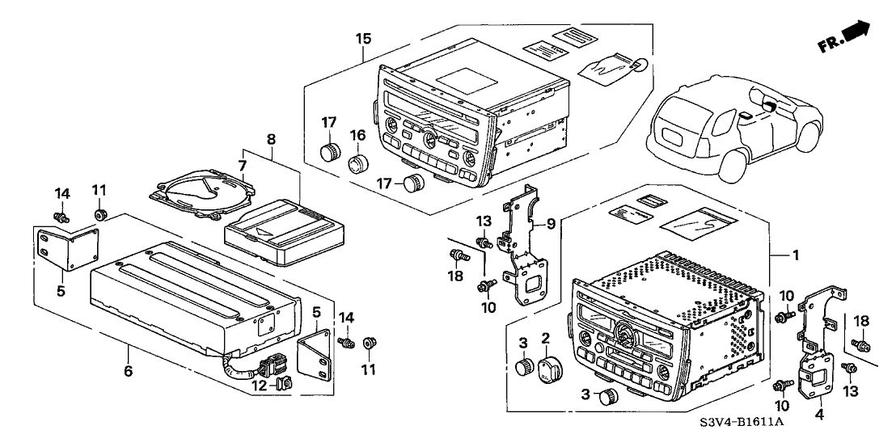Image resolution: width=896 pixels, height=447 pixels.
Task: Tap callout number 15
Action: point(363,39)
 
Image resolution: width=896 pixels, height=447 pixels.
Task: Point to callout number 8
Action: point(271,138)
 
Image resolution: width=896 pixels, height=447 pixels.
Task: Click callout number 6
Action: point(128,371)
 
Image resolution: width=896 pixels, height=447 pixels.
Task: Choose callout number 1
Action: point(795,255)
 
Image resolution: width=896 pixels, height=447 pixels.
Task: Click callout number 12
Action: point(260,386)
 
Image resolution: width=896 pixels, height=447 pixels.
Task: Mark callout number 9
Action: point(550,224)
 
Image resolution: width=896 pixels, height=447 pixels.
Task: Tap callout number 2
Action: point(546,338)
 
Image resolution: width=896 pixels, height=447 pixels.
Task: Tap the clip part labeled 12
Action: point(283,385)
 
